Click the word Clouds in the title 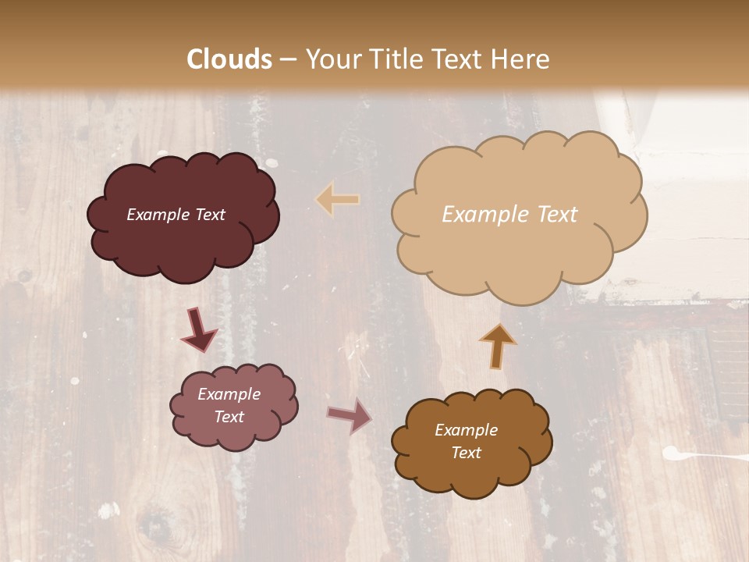pos(229,59)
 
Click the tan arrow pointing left pos(338,199)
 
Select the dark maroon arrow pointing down pos(199,330)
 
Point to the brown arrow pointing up pos(497,346)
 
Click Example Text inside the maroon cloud pos(176,215)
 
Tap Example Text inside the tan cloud pos(509,215)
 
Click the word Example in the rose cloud pos(229,394)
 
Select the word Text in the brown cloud pos(466,453)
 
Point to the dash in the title pos(288,60)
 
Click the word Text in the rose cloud pos(229,417)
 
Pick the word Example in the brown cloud pos(466,430)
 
